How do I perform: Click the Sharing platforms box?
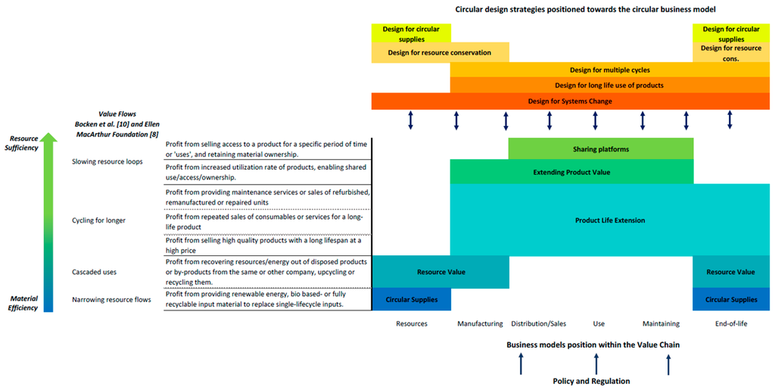(x=601, y=149)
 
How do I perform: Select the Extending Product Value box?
(x=571, y=172)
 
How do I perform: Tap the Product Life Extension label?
(x=609, y=220)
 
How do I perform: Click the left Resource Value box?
(x=440, y=271)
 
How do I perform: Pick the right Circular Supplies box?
(x=730, y=299)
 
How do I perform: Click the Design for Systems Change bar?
(x=570, y=101)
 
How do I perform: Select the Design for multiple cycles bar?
(x=609, y=70)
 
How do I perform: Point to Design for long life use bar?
(x=609, y=85)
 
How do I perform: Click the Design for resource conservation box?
(x=440, y=52)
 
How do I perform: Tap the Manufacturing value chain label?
(x=480, y=323)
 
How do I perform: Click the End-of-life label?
(x=730, y=323)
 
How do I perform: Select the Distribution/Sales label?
(x=538, y=323)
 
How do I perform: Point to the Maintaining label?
(x=660, y=323)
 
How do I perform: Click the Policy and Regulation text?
(x=592, y=381)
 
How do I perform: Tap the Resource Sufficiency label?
(x=23, y=144)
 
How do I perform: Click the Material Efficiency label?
(x=23, y=303)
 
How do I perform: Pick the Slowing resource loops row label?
(x=107, y=161)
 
